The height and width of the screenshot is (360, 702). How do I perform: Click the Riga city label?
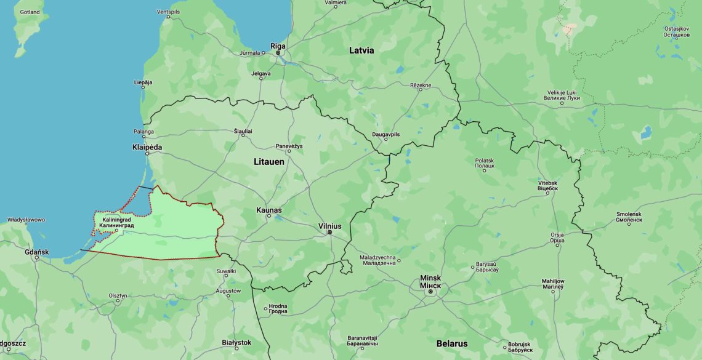coord(278,46)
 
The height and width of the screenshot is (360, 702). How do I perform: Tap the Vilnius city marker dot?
coord(330,233)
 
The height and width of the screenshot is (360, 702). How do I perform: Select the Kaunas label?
coord(269,210)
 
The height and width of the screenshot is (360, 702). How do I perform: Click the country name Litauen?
coord(269,161)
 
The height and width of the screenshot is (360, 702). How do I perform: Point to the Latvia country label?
coord(361,50)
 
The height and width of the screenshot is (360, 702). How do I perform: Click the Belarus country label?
coord(452,343)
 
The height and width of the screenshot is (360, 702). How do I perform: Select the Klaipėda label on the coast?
coord(147,147)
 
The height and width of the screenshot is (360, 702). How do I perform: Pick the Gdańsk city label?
coord(36,252)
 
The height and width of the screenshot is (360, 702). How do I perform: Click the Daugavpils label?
coord(386,134)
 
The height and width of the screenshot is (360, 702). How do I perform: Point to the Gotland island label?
coord(29,12)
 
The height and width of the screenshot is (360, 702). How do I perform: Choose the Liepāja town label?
coord(143,82)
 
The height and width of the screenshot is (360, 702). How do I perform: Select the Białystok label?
coord(236,342)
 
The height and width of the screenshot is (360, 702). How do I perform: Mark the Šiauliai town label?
coord(243,131)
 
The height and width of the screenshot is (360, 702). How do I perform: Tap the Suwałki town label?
coord(226,271)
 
